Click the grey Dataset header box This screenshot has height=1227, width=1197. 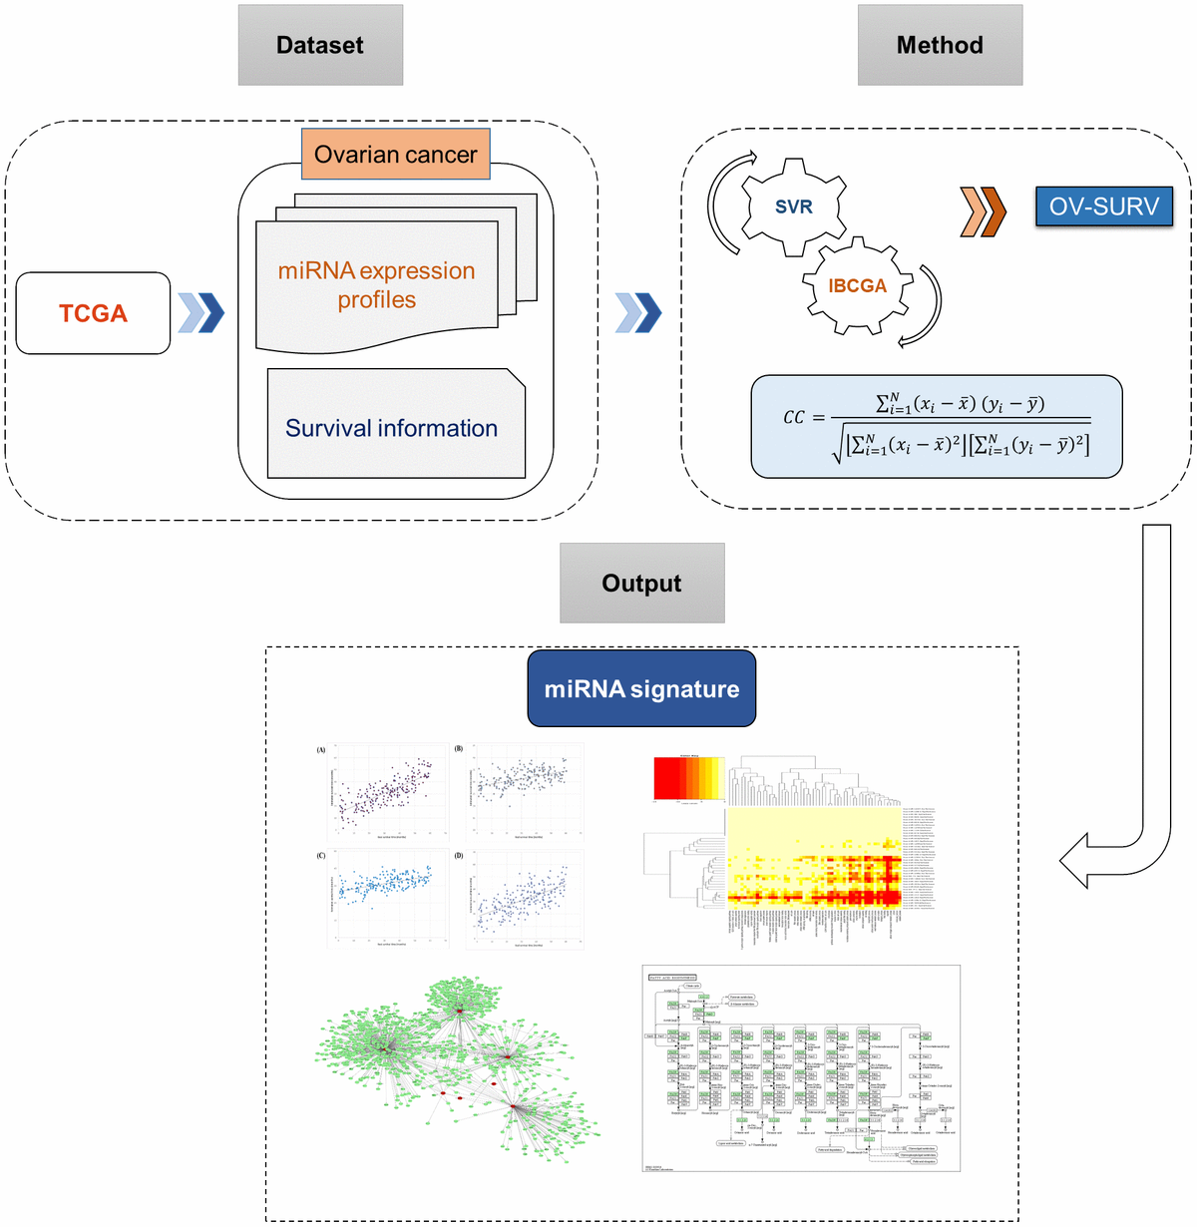(x=320, y=45)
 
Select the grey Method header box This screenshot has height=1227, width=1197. (x=940, y=45)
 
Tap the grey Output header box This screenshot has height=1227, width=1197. (x=641, y=584)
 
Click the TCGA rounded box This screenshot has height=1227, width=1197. (x=94, y=313)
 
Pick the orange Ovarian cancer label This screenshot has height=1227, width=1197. (x=395, y=155)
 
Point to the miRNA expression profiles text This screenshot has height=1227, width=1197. (x=376, y=285)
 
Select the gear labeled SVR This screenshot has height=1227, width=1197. (x=794, y=207)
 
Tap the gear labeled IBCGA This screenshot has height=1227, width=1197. (x=857, y=286)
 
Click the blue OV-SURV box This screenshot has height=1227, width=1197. (x=1103, y=206)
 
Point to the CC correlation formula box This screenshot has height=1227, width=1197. (x=936, y=427)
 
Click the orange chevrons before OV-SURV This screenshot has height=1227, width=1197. (x=983, y=211)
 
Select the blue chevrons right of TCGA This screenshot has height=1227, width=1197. (x=200, y=312)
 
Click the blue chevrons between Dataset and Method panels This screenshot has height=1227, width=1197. (x=638, y=312)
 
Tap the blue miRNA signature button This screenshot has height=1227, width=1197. (x=641, y=688)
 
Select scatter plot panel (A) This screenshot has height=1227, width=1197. (x=385, y=793)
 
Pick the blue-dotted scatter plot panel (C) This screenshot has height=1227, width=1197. (x=385, y=898)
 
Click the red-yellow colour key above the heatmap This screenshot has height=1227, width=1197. (x=688, y=778)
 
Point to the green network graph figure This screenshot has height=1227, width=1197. (x=459, y=1067)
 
